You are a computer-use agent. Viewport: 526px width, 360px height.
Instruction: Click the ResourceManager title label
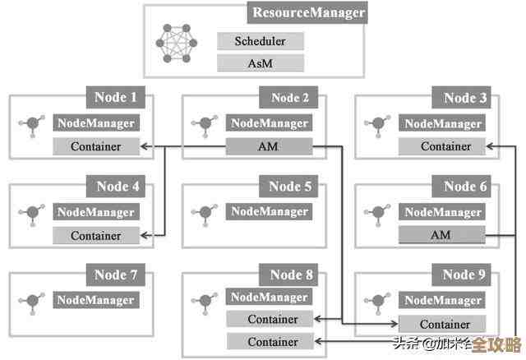[x=308, y=13]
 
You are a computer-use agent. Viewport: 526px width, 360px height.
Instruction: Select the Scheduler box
[x=261, y=41]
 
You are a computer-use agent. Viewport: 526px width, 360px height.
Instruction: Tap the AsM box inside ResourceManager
[x=261, y=62]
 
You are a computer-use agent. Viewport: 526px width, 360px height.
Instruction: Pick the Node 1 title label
[x=116, y=98]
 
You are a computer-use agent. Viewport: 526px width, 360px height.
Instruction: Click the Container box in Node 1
[x=95, y=147]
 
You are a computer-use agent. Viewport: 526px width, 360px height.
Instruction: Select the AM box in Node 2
[x=269, y=147]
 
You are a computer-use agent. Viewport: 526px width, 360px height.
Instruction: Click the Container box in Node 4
[x=95, y=236]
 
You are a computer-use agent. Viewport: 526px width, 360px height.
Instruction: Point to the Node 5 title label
[x=290, y=187]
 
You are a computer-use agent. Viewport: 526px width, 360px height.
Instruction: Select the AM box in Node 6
[x=441, y=236]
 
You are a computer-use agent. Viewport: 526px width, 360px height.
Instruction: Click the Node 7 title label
[x=116, y=275]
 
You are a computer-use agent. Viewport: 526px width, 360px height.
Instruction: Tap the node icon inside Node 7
[x=33, y=301]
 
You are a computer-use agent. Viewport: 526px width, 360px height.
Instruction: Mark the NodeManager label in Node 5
[x=269, y=212]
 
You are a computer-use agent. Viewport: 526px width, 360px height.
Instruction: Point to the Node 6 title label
[x=465, y=187]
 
